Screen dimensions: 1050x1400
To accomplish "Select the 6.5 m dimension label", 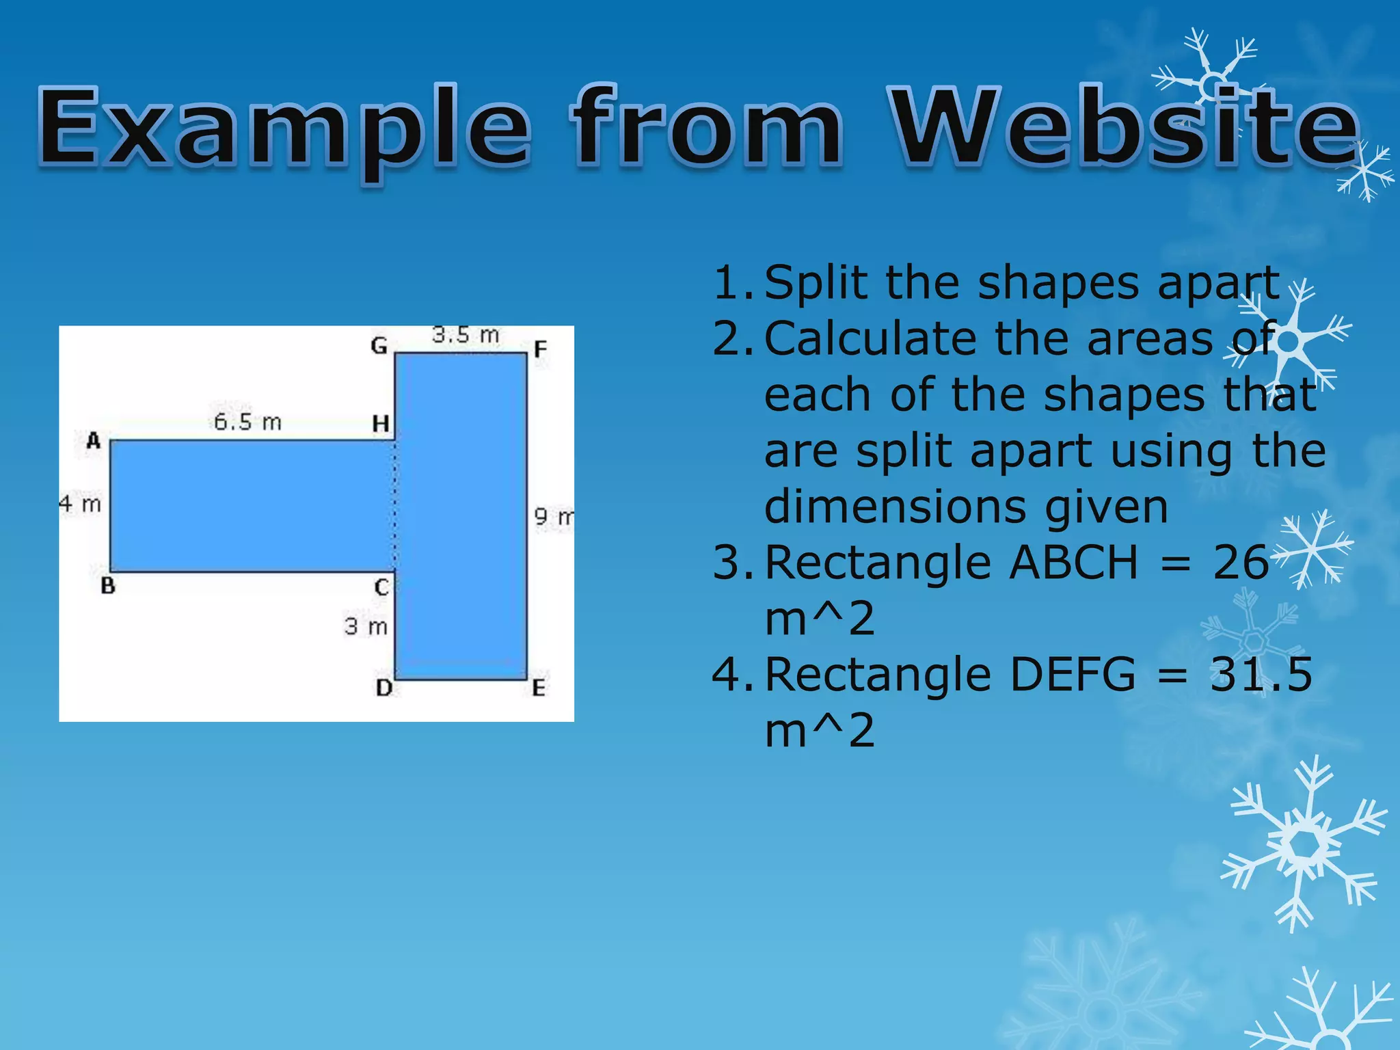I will point(247,422).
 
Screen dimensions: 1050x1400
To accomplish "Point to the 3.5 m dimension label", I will point(466,335).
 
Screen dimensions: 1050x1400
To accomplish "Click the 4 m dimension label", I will point(80,504).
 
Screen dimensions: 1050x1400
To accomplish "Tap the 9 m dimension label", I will point(553,516).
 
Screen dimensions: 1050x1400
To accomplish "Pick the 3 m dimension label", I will point(366,625).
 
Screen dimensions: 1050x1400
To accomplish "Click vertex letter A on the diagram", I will point(94,441).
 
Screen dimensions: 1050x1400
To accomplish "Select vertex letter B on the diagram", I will point(108,586).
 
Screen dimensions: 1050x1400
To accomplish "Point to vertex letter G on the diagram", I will point(379,346).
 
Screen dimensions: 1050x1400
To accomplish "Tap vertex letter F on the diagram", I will point(541,350).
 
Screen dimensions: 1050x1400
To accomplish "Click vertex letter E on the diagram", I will point(539,688).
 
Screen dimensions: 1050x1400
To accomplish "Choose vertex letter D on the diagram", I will point(384,688).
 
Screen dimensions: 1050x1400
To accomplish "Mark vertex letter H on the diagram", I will point(381,424).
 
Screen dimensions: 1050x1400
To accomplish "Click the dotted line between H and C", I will point(394,506).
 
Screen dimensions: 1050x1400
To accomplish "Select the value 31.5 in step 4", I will point(1261,675).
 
